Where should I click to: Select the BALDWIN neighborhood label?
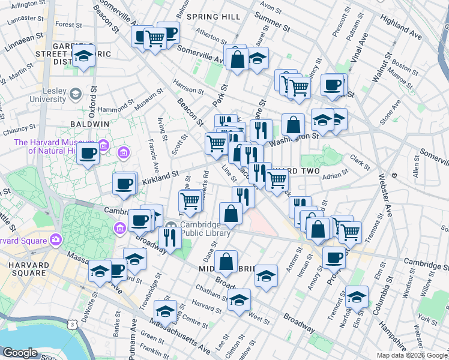(x=93, y=124)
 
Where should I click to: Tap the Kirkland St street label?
(x=161, y=174)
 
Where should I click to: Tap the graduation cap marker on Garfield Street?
(x=84, y=56)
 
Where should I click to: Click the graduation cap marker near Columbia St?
(x=357, y=297)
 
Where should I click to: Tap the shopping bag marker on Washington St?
(x=292, y=125)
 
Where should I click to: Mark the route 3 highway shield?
(x=73, y=324)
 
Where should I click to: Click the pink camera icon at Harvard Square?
(x=55, y=239)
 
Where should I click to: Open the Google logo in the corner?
(x=20, y=353)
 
